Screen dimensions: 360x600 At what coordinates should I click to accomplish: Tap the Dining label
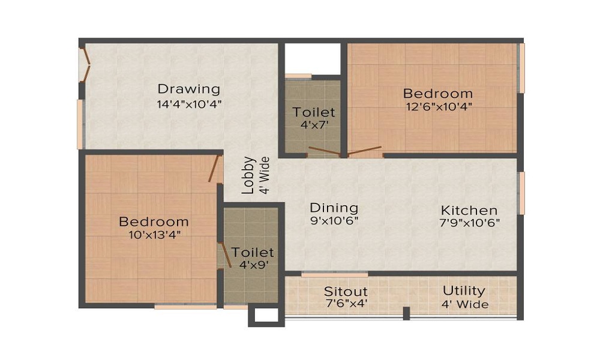334,208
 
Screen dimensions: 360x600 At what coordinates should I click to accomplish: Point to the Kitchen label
469,211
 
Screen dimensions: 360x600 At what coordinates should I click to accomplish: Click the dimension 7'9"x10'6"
469,223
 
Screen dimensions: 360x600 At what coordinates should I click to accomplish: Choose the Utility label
464,291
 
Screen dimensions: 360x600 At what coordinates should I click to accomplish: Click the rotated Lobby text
248,175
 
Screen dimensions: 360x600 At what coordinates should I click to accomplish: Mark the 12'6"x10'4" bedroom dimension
437,107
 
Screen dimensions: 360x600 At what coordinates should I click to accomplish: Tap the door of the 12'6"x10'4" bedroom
364,149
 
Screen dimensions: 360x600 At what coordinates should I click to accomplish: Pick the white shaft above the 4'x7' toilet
313,58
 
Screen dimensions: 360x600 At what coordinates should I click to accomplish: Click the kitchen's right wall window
521,193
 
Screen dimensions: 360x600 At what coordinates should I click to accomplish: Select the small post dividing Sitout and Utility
406,313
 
